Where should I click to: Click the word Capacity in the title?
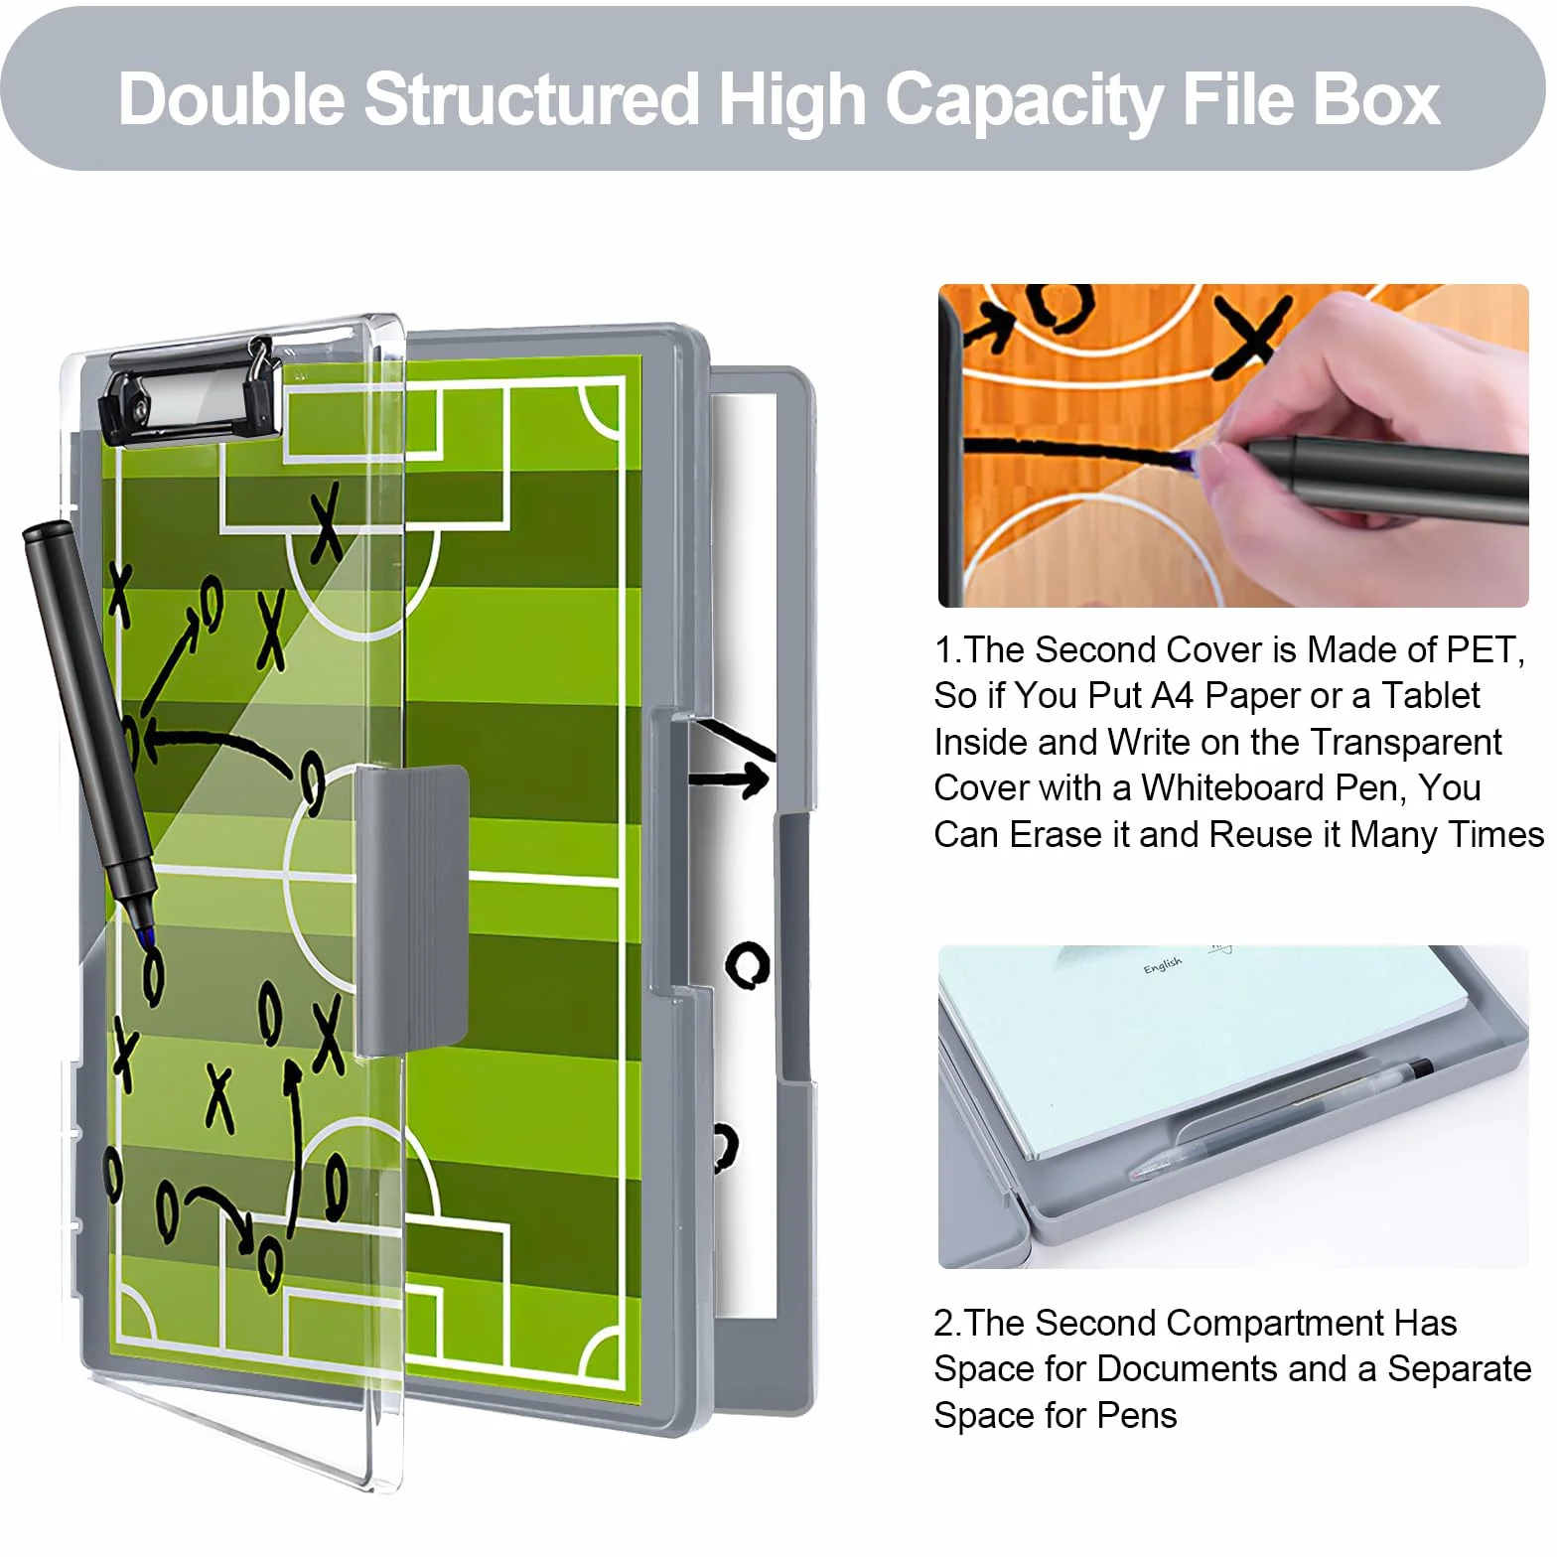(1023, 101)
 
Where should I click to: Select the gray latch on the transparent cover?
(412, 909)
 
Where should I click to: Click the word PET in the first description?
(1485, 649)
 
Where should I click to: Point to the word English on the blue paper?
(1162, 964)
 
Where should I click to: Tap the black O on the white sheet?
(747, 963)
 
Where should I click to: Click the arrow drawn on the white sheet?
(729, 779)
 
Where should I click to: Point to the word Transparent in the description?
(1405, 742)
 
